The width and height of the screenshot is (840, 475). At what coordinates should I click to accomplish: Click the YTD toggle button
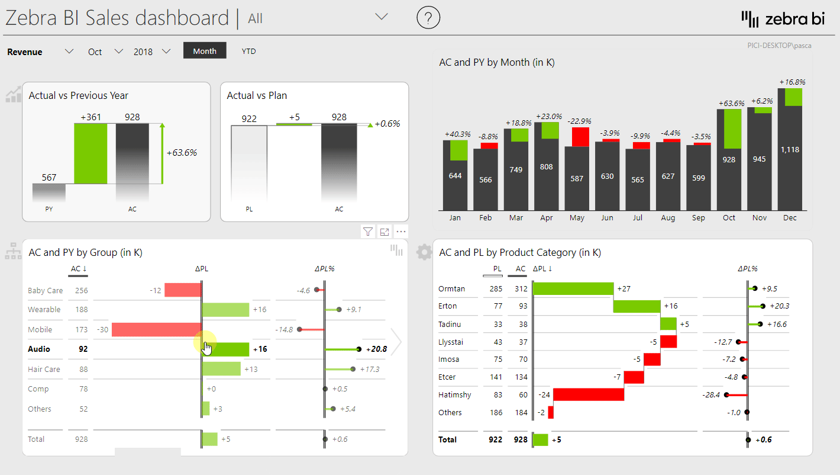248,52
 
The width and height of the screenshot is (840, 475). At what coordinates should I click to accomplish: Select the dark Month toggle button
205,51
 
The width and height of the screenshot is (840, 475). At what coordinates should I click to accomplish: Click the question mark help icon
428,18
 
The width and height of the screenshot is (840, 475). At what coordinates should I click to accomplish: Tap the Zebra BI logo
783,19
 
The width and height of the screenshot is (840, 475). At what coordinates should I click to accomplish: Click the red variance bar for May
580,137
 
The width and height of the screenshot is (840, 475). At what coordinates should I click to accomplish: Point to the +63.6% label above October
732,103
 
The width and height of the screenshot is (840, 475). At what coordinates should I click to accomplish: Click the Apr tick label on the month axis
547,218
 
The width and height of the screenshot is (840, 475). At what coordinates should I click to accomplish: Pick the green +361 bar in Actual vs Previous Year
91,153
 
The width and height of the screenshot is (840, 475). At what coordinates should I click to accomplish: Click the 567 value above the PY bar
49,177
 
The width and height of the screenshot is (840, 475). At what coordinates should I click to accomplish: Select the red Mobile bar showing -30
156,330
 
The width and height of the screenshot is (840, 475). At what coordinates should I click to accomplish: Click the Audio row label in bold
39,349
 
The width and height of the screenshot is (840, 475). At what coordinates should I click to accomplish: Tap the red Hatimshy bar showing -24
588,394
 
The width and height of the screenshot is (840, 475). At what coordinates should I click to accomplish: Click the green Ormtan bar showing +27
573,289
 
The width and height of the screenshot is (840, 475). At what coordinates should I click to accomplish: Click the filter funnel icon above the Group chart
368,232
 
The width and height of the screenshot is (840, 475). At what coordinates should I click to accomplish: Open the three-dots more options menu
401,232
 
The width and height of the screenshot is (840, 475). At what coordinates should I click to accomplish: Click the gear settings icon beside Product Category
424,252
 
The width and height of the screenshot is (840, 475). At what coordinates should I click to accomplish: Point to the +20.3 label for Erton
778,306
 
